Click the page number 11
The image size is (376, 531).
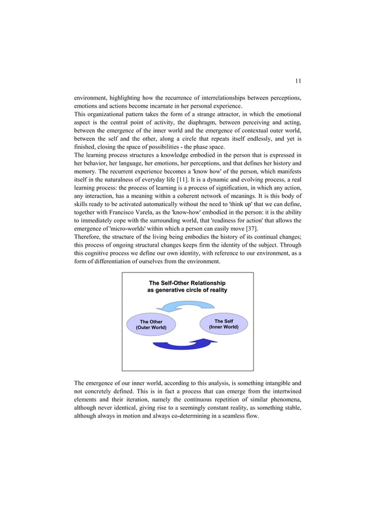click(298, 81)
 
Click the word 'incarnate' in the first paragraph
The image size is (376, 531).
click(144, 106)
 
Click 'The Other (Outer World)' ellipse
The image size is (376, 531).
click(151, 324)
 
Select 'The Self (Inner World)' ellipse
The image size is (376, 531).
click(224, 324)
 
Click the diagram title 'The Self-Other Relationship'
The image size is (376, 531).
click(187, 283)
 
